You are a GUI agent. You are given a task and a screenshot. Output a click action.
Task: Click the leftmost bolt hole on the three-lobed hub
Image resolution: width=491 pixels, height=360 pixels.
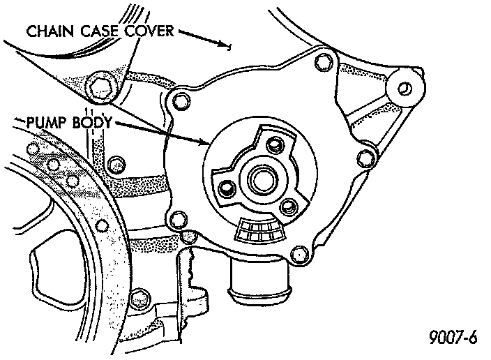pos(227,187)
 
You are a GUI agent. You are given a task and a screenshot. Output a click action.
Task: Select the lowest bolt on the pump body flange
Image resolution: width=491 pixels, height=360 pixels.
pos(301,253)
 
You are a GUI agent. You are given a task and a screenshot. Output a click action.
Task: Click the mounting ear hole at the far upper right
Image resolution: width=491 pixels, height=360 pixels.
pos(405,87)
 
